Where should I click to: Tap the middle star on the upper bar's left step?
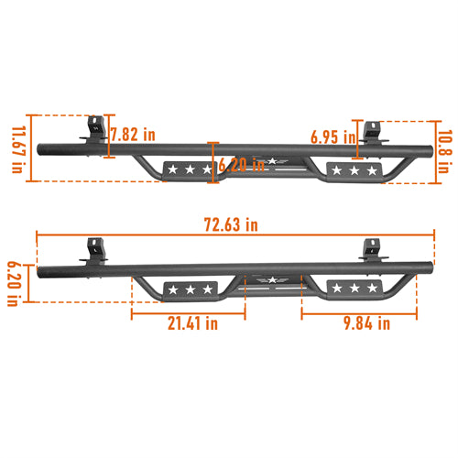[x=188, y=169]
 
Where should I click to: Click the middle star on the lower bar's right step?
[x=351, y=289]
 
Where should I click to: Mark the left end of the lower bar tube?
[x=40, y=272]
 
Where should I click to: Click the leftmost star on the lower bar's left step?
[x=172, y=289]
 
